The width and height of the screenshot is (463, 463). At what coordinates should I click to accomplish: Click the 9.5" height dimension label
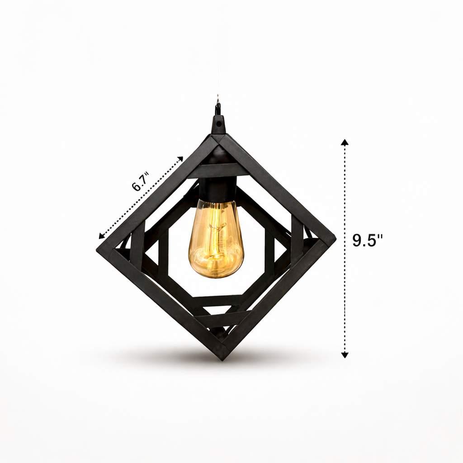tap(367, 241)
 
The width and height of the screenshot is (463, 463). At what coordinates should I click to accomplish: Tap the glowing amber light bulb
tap(216, 240)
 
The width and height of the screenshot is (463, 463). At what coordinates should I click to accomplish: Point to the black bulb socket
tap(217, 189)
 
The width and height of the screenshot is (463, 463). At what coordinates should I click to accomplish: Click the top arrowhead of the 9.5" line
tap(345, 142)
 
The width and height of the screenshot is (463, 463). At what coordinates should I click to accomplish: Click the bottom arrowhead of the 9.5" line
tap(345, 355)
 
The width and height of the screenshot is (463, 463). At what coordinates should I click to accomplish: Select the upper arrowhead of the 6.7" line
tap(180, 159)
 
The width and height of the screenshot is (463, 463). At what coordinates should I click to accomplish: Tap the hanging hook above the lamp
tap(218, 109)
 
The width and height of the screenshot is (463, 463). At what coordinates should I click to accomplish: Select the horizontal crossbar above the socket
tap(218, 170)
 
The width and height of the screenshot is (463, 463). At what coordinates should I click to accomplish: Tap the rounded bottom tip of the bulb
tap(216, 275)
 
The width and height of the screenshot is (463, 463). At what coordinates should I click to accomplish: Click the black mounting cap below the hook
tap(218, 125)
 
